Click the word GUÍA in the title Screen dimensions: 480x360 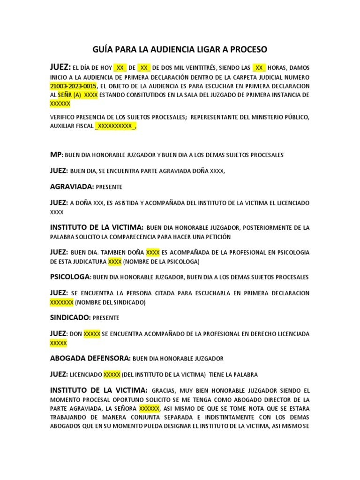click(x=104, y=49)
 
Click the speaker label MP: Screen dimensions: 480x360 click(x=56, y=154)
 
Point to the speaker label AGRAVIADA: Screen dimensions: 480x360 click(x=72, y=187)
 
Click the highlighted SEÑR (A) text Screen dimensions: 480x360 click(x=69, y=95)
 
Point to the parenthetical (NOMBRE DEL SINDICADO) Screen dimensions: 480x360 click(x=110, y=302)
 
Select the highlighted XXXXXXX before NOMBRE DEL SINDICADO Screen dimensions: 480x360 click(x=61, y=302)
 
